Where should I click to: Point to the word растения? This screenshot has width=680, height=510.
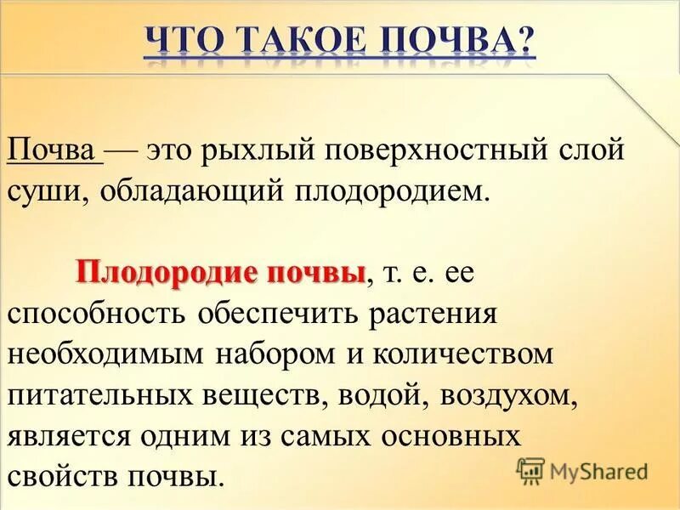(x=433, y=313)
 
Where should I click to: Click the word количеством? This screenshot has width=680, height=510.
(x=448, y=353)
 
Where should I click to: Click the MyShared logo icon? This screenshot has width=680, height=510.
(x=531, y=468)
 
